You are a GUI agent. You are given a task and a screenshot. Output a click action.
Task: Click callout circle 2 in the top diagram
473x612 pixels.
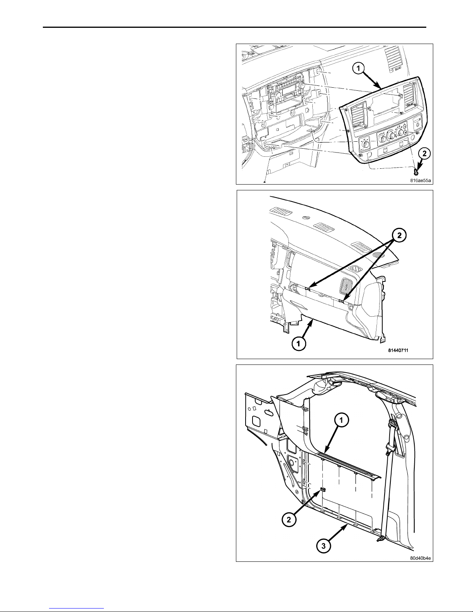(x=425, y=154)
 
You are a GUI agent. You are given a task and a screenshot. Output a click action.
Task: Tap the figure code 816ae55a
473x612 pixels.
(x=420, y=181)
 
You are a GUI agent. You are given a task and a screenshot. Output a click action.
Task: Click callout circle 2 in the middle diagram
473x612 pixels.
(x=399, y=236)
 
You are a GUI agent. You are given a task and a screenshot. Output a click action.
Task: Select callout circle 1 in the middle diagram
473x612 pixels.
(x=299, y=344)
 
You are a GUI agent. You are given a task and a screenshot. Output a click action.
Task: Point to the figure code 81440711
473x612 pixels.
(x=398, y=350)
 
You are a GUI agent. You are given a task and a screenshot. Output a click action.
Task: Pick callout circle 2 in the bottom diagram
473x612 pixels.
(x=289, y=519)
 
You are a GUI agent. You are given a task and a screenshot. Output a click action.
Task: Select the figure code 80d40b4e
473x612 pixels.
(x=420, y=558)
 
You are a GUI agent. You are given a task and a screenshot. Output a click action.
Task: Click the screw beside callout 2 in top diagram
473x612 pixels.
(x=416, y=171)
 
